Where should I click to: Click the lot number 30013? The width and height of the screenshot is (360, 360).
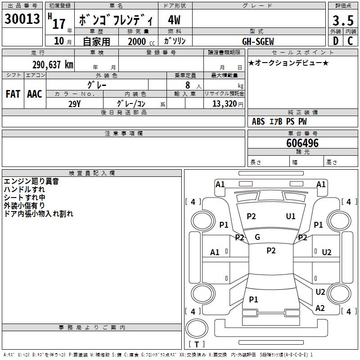tap(22, 18)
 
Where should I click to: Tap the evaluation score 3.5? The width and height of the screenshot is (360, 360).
tap(343, 20)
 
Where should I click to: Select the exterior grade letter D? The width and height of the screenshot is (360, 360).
tap(336, 41)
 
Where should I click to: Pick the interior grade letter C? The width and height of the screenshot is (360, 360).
tap(350, 41)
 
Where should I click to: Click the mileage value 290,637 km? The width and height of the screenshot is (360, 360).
tap(53, 65)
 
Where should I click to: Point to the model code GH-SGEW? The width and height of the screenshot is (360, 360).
tap(258, 41)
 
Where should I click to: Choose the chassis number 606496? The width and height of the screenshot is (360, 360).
tap(302, 143)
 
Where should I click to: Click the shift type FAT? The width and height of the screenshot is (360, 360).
tap(13, 94)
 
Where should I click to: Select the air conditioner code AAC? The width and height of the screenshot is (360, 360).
tap(35, 94)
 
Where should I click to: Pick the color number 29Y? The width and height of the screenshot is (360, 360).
tap(74, 104)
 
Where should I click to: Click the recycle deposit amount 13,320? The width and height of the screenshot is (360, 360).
tap(225, 104)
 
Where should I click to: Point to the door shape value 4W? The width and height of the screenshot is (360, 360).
tap(174, 20)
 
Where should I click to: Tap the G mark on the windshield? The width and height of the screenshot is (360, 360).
tap(257, 237)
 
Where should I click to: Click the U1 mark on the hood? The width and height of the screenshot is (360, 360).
tap(291, 216)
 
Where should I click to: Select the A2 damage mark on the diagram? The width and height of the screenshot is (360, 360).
tap(320, 308)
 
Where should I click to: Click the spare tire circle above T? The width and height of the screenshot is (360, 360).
tap(197, 328)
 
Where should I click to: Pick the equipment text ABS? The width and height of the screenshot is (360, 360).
tap(258, 121)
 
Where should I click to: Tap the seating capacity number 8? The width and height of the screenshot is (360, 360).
tap(188, 85)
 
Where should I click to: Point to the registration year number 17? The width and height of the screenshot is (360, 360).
tap(59, 24)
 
